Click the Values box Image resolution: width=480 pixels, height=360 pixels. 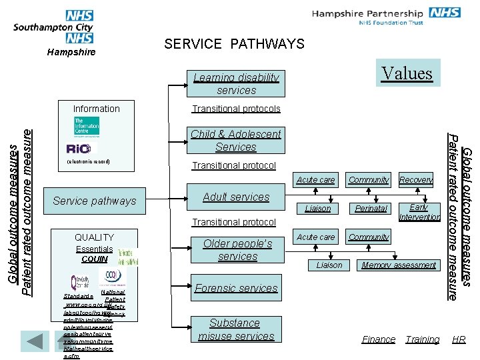tap(407, 73)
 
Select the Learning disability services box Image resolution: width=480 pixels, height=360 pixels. tap(236, 83)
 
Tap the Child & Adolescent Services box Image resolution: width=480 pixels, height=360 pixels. tap(236, 140)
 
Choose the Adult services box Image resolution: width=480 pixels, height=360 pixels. tap(236, 197)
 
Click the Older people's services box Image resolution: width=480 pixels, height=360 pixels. tap(237, 250)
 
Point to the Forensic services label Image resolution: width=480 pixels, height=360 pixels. tap(236, 288)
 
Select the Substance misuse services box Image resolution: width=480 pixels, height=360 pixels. tap(236, 329)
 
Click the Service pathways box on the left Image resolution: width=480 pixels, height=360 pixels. tap(94, 201)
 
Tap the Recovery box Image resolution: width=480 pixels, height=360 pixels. tap(416, 179)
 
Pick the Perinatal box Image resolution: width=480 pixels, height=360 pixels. tap(371, 208)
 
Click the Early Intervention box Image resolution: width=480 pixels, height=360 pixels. tap(419, 212)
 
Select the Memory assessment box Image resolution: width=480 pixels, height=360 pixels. tap(399, 265)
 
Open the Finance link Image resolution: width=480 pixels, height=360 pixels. tap(379, 339)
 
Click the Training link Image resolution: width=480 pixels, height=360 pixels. tap(423, 339)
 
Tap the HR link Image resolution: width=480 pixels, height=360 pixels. tap(459, 339)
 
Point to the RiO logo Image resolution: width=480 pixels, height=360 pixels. tap(81, 148)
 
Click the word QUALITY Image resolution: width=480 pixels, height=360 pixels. tap(94, 237)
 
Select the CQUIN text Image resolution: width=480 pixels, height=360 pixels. tap(94, 259)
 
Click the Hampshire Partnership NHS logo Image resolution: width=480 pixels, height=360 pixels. tap(387, 17)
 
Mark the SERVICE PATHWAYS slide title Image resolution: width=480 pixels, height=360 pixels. tap(234, 44)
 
